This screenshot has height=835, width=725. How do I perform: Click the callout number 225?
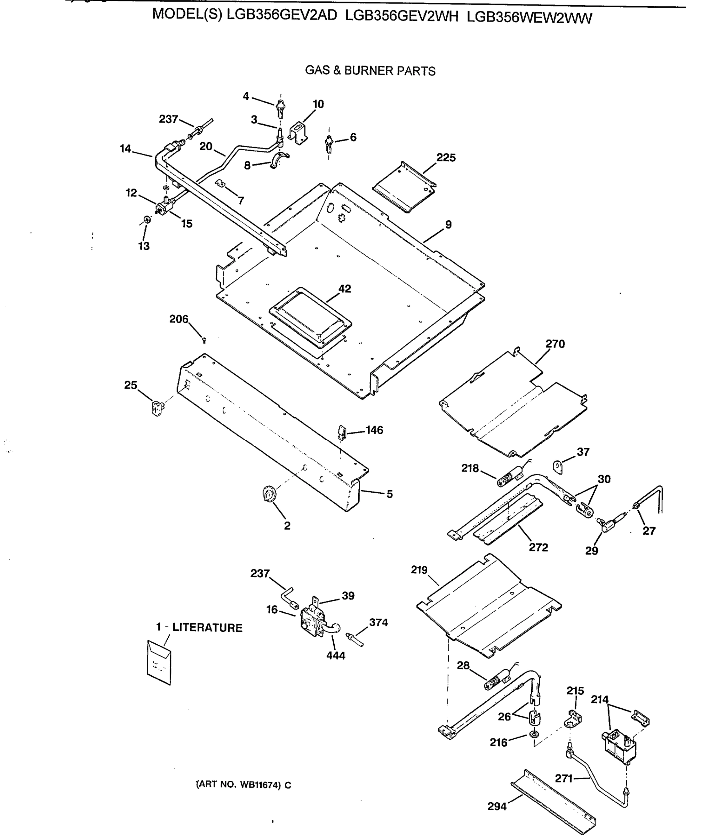click(446, 158)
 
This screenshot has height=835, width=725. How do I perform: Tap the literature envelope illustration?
click(159, 663)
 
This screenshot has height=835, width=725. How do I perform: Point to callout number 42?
click(344, 289)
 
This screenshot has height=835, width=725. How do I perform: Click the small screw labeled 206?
click(204, 341)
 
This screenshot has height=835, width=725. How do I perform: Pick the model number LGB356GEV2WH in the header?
click(402, 17)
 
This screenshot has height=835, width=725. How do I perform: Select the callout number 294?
click(497, 807)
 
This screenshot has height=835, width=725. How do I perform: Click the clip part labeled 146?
click(342, 432)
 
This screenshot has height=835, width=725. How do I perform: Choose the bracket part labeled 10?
click(298, 133)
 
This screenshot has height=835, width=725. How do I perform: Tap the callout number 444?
click(336, 656)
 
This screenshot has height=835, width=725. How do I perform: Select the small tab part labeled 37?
click(558, 467)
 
